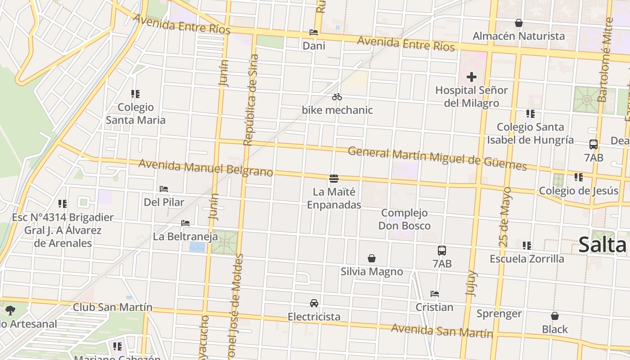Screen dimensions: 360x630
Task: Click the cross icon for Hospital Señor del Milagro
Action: click(471, 77)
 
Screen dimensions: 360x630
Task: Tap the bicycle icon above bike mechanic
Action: click(337, 97)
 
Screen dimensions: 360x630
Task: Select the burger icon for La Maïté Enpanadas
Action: click(334, 179)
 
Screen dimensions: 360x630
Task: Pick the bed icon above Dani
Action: click(314, 32)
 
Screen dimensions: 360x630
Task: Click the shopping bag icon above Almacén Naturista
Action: click(519, 23)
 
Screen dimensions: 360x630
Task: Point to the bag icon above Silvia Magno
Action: click(372, 258)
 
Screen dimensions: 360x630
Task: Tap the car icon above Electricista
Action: click(314, 303)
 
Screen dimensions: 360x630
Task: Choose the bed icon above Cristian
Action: click(434, 294)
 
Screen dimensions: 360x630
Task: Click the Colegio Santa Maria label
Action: click(135, 113)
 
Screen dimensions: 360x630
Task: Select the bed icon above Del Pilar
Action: click(164, 189)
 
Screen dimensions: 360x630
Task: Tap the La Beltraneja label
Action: click(185, 236)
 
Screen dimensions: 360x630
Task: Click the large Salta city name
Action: click(602, 245)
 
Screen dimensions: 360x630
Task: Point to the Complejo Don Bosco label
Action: click(404, 219)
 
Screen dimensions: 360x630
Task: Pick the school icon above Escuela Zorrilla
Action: click(527, 246)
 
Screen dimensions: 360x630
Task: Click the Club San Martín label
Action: click(112, 307)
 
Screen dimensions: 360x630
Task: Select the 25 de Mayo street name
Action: click(505, 216)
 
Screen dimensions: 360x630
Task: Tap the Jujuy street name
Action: click(471, 283)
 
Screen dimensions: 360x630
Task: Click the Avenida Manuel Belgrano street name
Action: click(206, 168)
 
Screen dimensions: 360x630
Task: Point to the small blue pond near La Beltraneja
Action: click(197, 247)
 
